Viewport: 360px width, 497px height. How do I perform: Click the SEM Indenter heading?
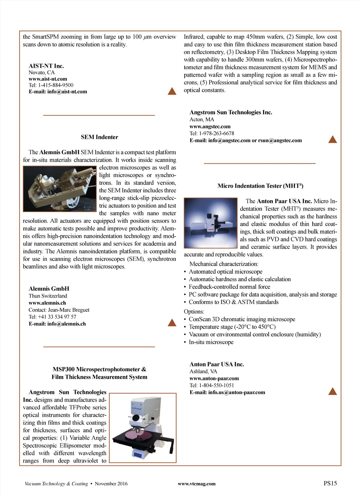(x=99, y=137)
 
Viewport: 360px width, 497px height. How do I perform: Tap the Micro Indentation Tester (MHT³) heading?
(x=260, y=186)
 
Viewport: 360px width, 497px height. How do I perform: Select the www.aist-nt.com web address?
(x=48, y=79)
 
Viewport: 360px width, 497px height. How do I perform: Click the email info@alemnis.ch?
(x=57, y=324)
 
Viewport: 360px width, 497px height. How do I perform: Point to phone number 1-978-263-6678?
(x=217, y=133)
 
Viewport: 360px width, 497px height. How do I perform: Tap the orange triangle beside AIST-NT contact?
(x=172, y=91)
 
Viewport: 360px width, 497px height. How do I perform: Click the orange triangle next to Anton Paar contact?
(x=332, y=391)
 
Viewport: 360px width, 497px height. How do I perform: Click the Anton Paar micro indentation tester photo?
(x=211, y=223)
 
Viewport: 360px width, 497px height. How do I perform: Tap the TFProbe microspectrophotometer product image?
(x=143, y=428)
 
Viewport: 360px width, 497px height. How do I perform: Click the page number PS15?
(x=330, y=483)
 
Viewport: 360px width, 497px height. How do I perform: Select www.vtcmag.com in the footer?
(x=197, y=484)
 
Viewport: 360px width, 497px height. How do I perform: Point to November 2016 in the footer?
(x=111, y=484)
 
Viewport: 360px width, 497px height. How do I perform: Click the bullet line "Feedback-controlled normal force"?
(x=229, y=287)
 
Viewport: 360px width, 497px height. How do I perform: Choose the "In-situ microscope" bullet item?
(x=211, y=342)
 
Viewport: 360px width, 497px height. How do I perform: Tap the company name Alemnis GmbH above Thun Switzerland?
(x=49, y=289)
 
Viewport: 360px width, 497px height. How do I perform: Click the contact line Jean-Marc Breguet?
(x=59, y=310)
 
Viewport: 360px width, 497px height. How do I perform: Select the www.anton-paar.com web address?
(x=214, y=378)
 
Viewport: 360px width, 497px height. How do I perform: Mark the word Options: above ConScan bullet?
(x=194, y=311)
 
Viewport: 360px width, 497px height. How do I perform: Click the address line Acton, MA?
(x=202, y=120)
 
